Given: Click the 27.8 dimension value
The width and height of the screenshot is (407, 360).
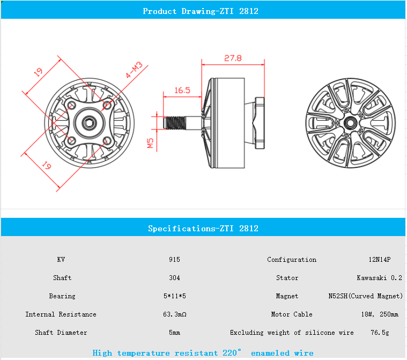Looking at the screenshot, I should coord(233,58).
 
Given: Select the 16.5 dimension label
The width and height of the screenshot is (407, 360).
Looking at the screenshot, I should coord(182,90).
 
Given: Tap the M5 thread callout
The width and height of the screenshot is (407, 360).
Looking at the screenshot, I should coord(151,143).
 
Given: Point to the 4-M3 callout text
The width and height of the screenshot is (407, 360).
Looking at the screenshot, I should coord(134,70).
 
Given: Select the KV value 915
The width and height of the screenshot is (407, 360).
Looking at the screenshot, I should coord(174,260).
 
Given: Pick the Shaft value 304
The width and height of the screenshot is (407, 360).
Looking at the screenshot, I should coord(174,278).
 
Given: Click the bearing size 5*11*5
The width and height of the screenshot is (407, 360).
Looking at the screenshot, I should coord(174,296).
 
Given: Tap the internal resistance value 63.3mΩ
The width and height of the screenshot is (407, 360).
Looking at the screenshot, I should coord(174,314).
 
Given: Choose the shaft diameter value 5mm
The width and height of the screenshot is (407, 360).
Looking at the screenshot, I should coord(174,333).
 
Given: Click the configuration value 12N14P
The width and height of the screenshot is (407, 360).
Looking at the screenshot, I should coord(379,260).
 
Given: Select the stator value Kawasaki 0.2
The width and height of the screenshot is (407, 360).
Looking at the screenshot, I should coord(379,278).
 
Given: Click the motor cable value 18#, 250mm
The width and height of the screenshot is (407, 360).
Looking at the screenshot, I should coord(379,314).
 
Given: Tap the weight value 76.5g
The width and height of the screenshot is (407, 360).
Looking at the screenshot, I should coord(379,333).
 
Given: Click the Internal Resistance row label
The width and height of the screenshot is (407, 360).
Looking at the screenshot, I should coord(61,314).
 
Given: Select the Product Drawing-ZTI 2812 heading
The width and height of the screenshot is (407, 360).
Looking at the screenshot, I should coord(201,11).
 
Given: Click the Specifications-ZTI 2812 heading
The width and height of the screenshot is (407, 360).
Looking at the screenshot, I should coord(203,229).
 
